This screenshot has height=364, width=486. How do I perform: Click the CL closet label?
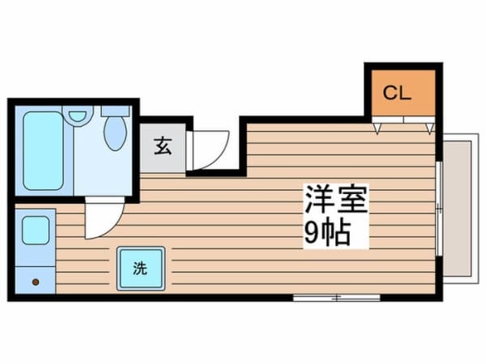tap(397, 92)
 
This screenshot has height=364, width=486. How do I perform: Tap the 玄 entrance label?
tap(163, 146)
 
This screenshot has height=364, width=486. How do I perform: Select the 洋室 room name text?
tap(336, 199)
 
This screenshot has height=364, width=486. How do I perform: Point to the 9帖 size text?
tap(327, 233)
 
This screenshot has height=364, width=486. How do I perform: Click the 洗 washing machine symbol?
tap(141, 269)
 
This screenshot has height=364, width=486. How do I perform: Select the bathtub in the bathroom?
tap(44, 150)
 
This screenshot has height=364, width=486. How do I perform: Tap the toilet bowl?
tap(115, 133)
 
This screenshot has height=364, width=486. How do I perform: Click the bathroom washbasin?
tap(78, 116)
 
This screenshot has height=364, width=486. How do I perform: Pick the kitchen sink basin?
tap(36, 231)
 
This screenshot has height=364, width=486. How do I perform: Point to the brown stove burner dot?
tap(36, 282)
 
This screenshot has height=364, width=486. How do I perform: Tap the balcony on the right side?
tap(458, 209)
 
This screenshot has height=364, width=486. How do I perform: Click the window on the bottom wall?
tap(337, 298)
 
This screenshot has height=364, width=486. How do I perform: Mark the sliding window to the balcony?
tap(439, 209)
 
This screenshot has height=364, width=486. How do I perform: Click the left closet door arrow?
tap(377, 128)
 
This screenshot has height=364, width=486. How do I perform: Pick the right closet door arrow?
tap(429, 128)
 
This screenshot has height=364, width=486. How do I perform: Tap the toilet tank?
tap(115, 111)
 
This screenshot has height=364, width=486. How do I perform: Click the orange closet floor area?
tap(403, 92)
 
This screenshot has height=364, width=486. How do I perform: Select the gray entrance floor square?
tap(163, 148)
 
